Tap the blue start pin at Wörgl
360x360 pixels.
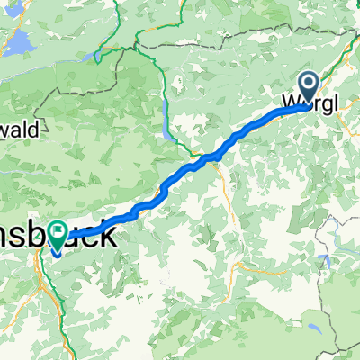coord(307,86)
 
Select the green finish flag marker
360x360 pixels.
coord(59,237)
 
